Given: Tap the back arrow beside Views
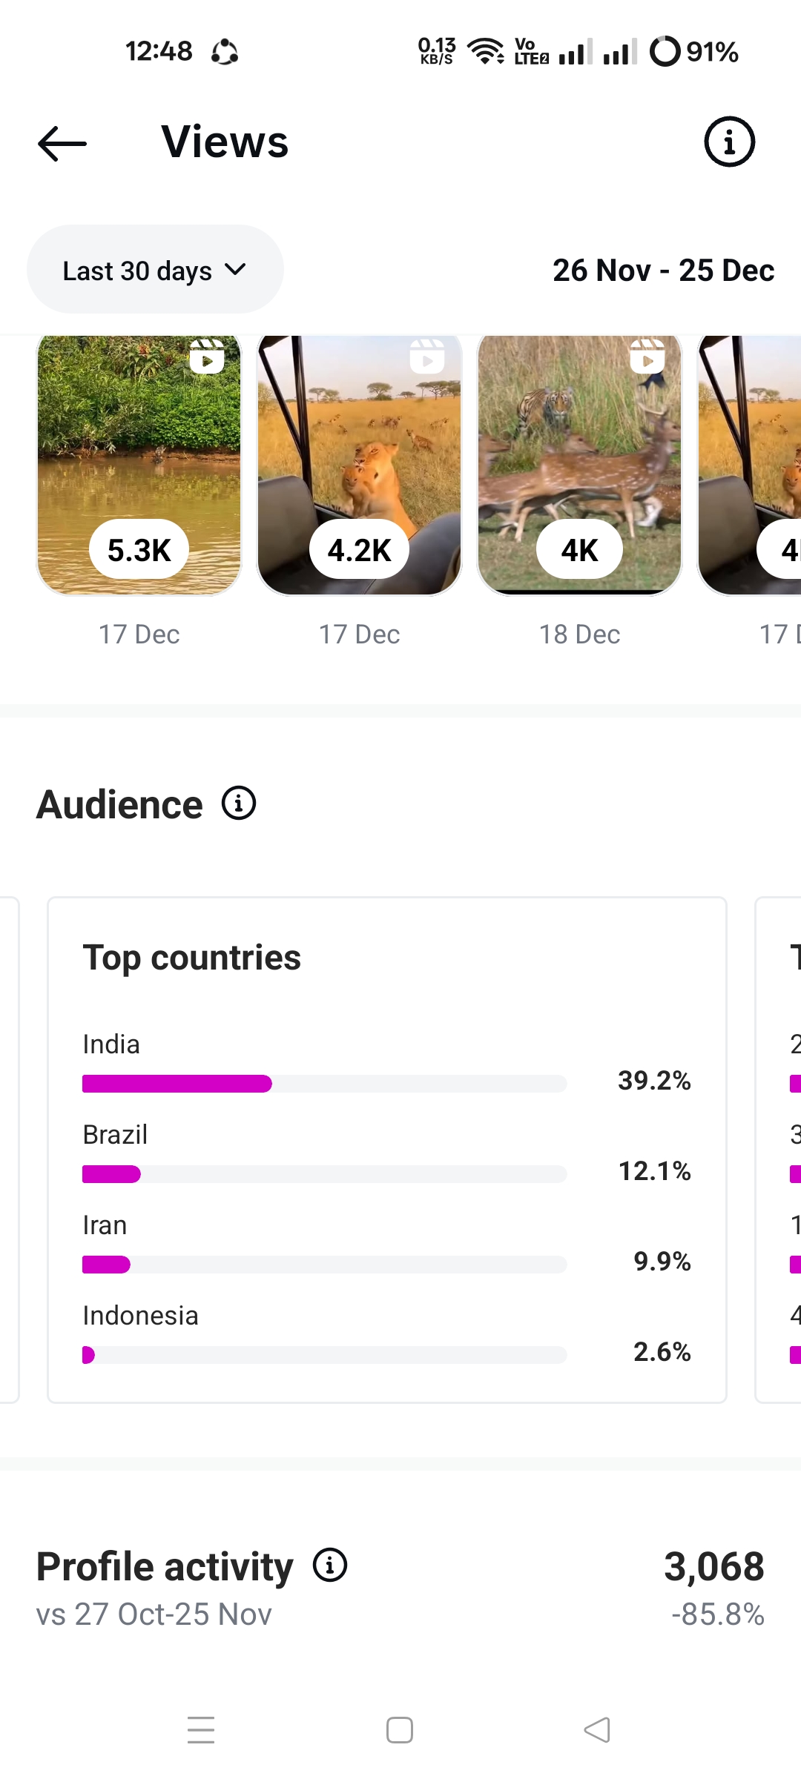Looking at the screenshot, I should pos(62,143).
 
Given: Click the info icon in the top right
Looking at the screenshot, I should pos(729,142).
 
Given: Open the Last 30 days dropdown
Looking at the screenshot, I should pos(155,270).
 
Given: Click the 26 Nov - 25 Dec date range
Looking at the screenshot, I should pos(663,271).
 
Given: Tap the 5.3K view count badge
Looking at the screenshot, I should pos(139,550).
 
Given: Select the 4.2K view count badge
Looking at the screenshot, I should pos(359,550).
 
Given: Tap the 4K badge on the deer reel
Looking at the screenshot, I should pos(579,550).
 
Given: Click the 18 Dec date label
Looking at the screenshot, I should pos(579,635).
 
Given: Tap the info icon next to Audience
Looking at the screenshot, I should pos(239,804).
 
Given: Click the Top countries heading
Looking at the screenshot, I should pos(191,958).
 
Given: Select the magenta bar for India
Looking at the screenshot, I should pos(177,1084).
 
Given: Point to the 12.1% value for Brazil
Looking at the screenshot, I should pos(654,1171).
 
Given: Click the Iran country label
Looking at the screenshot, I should pos(105,1225).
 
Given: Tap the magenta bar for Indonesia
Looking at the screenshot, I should pos(88,1355).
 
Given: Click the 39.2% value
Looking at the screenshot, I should pos(654,1081).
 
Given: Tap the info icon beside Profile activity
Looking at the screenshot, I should pos(330,1566).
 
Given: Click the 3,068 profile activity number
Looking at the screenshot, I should pos(713,1567).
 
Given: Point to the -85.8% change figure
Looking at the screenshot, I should pos(717,1614).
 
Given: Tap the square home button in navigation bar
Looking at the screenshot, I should pos(400,1730).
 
